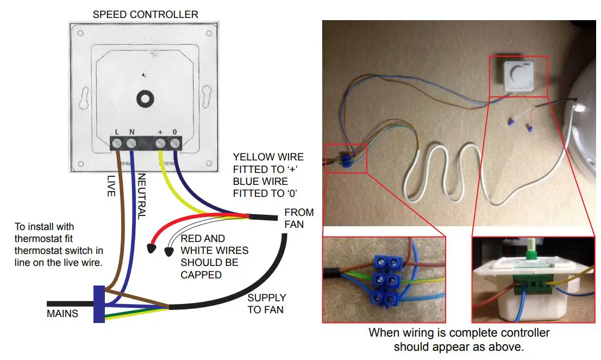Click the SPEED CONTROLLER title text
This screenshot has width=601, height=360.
[x=145, y=14]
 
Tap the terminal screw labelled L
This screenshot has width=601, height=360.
[x=117, y=144]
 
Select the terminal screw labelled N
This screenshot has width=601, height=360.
[x=132, y=144]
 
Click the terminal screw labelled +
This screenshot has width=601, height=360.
[x=161, y=144]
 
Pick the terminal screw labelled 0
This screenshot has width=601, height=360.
[x=175, y=144]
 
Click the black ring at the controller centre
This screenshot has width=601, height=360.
[x=145, y=98]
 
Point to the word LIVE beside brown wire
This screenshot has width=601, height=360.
[x=111, y=185]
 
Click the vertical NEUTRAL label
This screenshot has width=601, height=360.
[x=141, y=196]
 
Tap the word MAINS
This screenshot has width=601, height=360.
[x=62, y=313]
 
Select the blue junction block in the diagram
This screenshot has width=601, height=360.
[x=99, y=304]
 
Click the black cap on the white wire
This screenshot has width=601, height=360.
[x=169, y=251]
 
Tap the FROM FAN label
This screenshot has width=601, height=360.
[x=298, y=218]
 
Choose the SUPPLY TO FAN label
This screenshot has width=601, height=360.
[x=266, y=303]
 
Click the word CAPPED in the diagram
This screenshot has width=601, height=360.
[x=201, y=275]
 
